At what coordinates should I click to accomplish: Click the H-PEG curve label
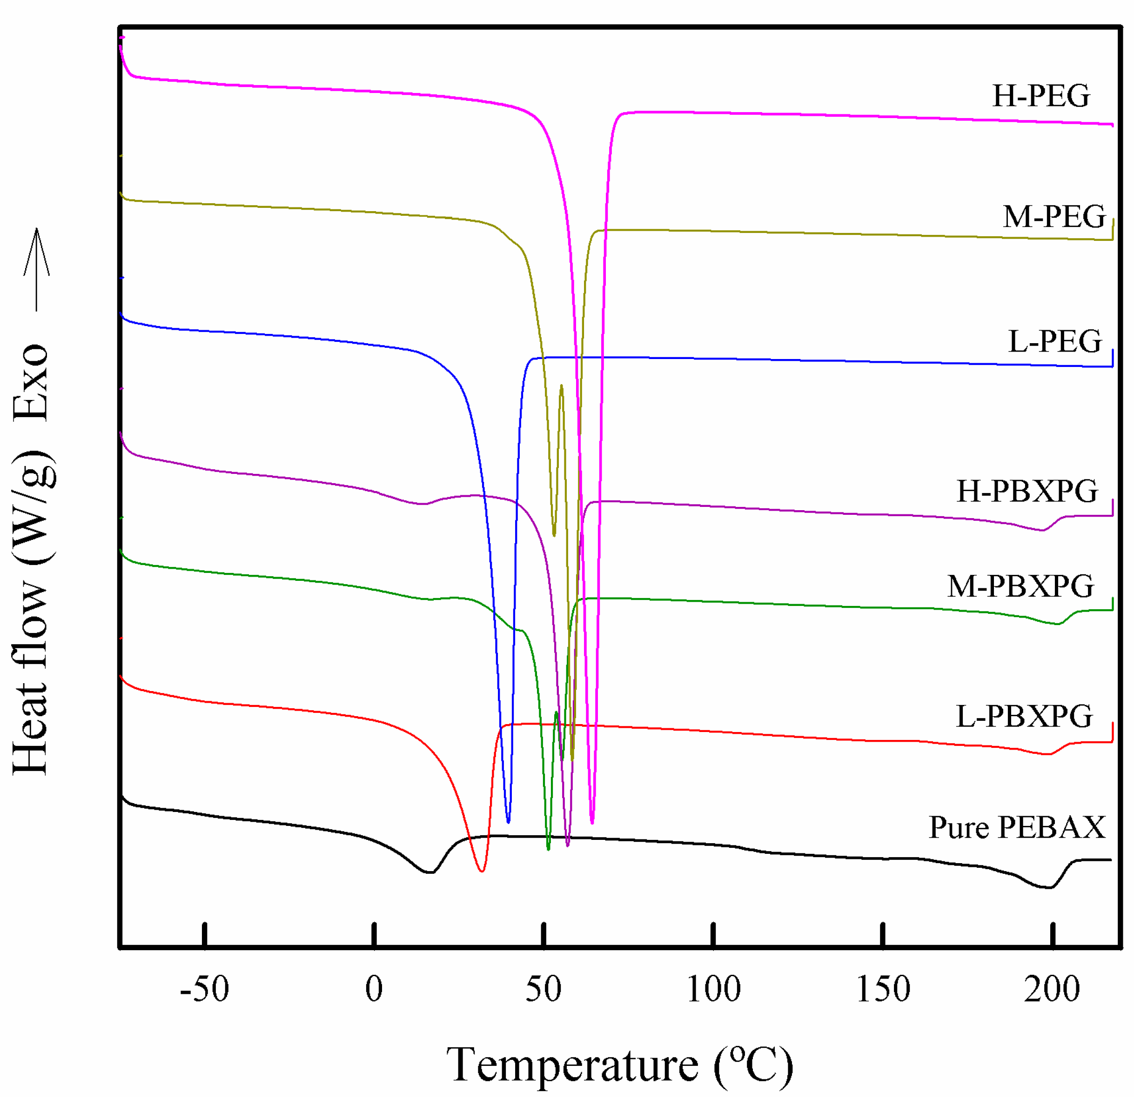pyautogui.click(x=1041, y=96)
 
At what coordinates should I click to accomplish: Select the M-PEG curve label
pyautogui.click(x=1054, y=217)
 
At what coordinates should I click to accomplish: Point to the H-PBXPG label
pyautogui.click(x=1027, y=492)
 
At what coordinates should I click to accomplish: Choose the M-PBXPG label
pyautogui.click(x=1020, y=586)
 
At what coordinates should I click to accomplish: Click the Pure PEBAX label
pyautogui.click(x=1017, y=827)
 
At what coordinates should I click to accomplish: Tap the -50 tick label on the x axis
pyautogui.click(x=204, y=989)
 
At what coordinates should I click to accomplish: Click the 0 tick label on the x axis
pyautogui.click(x=374, y=989)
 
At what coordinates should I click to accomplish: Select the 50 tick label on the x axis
pyautogui.click(x=544, y=989)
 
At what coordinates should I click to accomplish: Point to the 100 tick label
pyautogui.click(x=713, y=989)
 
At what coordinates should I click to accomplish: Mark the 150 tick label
pyautogui.click(x=883, y=989)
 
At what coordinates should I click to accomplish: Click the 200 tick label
pyautogui.click(x=1052, y=989)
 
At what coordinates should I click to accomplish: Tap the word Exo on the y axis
pyautogui.click(x=32, y=382)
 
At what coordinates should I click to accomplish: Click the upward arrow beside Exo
pyautogui.click(x=36, y=269)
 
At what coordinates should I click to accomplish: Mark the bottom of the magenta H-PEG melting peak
pyautogui.click(x=592, y=822)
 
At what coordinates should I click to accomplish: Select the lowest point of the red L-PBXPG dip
pyautogui.click(x=481, y=871)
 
